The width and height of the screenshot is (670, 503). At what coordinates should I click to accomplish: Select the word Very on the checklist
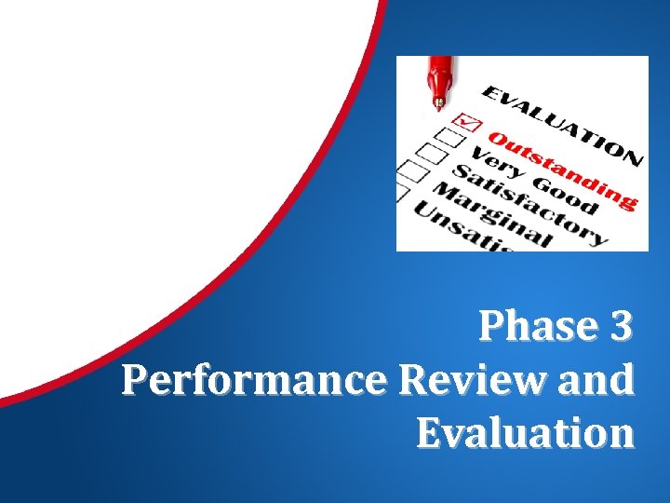click(494, 156)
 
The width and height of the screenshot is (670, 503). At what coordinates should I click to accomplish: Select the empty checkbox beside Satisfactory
click(429, 154)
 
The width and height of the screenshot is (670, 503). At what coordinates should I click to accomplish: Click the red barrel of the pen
click(441, 69)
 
